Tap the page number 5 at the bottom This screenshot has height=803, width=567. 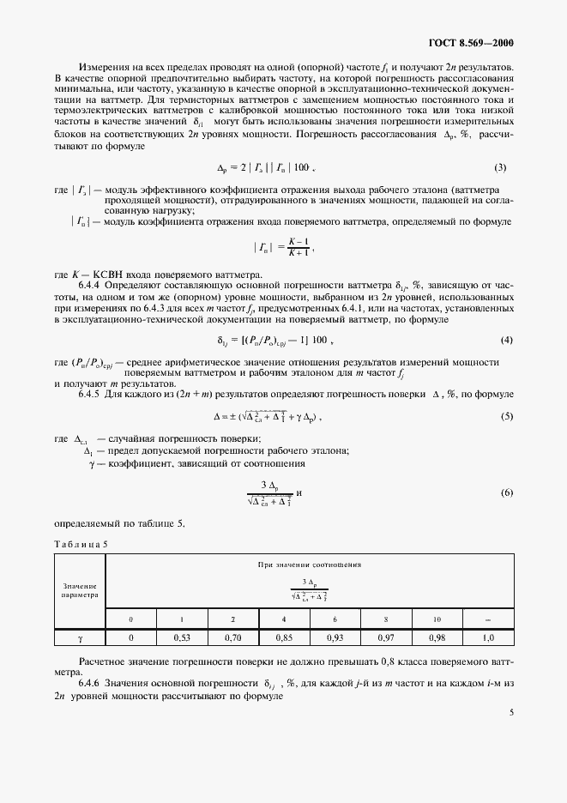(x=511, y=711)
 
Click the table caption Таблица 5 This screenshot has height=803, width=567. (x=81, y=543)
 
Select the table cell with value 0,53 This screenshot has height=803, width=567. (x=182, y=637)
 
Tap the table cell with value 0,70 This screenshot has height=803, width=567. (x=232, y=637)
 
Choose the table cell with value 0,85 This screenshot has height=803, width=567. (x=284, y=637)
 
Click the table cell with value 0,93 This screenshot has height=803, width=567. (x=335, y=637)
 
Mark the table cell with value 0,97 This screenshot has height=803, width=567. (x=386, y=637)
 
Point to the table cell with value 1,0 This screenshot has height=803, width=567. (x=488, y=637)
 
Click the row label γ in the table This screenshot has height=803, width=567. (x=80, y=637)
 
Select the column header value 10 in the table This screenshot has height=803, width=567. (x=437, y=619)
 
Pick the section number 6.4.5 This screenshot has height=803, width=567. (x=93, y=393)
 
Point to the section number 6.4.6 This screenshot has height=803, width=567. (x=93, y=680)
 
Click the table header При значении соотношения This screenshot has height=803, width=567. (x=309, y=565)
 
